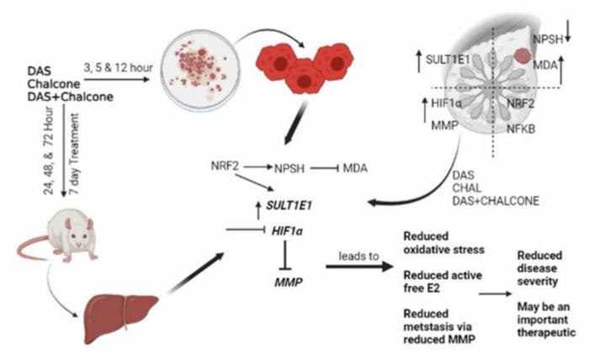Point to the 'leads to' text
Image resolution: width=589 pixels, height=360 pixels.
click(358, 256)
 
